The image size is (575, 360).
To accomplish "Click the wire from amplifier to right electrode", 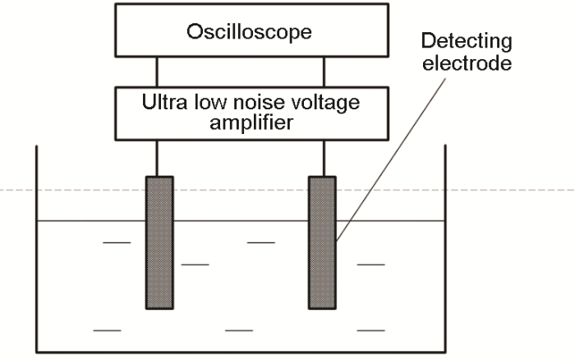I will coord(323,158).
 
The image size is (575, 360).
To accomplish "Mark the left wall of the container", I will coord(36,247).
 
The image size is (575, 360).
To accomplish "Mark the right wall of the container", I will coord(445,247).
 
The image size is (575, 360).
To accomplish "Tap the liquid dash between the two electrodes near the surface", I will coord(260,242).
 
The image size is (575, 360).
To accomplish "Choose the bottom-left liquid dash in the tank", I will coord(108,330).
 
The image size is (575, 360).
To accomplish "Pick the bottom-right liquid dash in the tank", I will coord(371,330).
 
